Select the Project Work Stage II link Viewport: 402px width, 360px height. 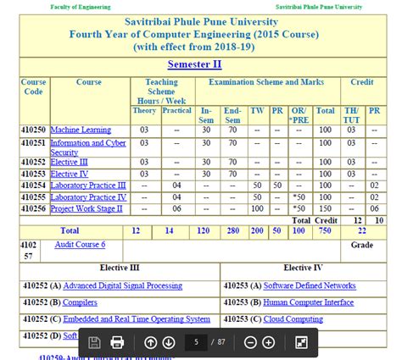[x=87, y=208]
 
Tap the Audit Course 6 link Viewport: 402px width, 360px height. [x=80, y=244]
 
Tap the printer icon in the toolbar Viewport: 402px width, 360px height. [x=117, y=342]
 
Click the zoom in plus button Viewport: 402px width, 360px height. [x=268, y=342]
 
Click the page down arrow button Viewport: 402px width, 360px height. [x=168, y=342]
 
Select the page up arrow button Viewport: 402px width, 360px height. [x=150, y=342]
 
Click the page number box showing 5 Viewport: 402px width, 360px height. [x=196, y=342]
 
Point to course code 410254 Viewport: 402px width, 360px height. [x=34, y=185]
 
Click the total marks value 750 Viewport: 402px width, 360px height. [x=326, y=230]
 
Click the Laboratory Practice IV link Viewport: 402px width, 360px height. [x=88, y=197]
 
